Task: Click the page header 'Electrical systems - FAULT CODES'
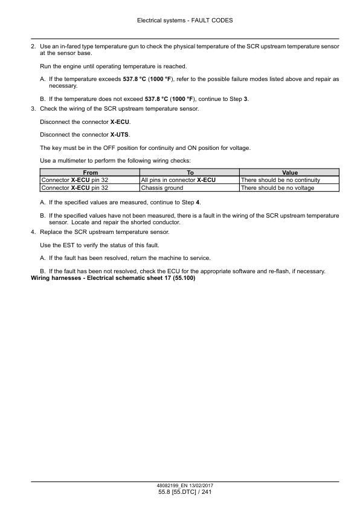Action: click(179, 21)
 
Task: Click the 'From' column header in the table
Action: click(90, 173)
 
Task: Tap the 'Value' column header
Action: click(289, 173)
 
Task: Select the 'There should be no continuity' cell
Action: click(280, 180)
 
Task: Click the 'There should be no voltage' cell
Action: click(277, 187)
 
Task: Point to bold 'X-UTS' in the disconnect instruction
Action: click(120, 134)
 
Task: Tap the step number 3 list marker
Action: click(33, 108)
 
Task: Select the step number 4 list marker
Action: click(33, 232)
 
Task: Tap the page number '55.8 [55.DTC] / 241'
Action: click(180, 493)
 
